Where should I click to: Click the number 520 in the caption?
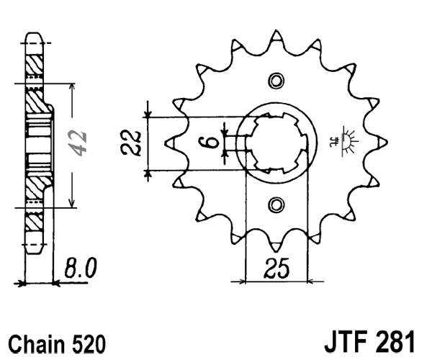(87, 343)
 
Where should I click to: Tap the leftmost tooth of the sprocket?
(169, 143)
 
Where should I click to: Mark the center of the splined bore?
(277, 142)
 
